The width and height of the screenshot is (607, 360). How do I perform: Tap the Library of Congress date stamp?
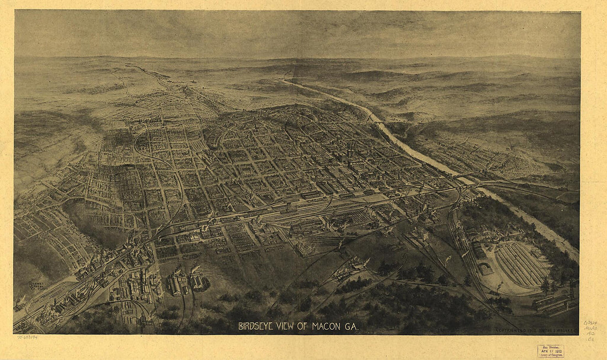click(x=551, y=351)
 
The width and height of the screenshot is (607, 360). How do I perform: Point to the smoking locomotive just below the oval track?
click(x=499, y=287)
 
